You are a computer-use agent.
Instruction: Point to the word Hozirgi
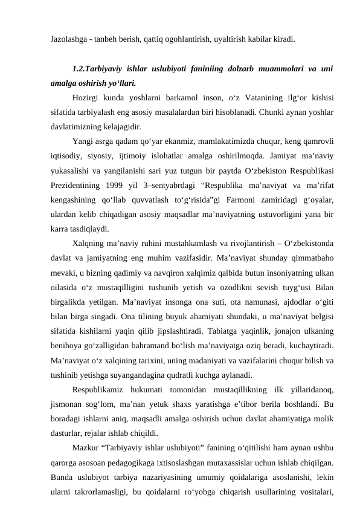pyautogui.click(x=84, y=97)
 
